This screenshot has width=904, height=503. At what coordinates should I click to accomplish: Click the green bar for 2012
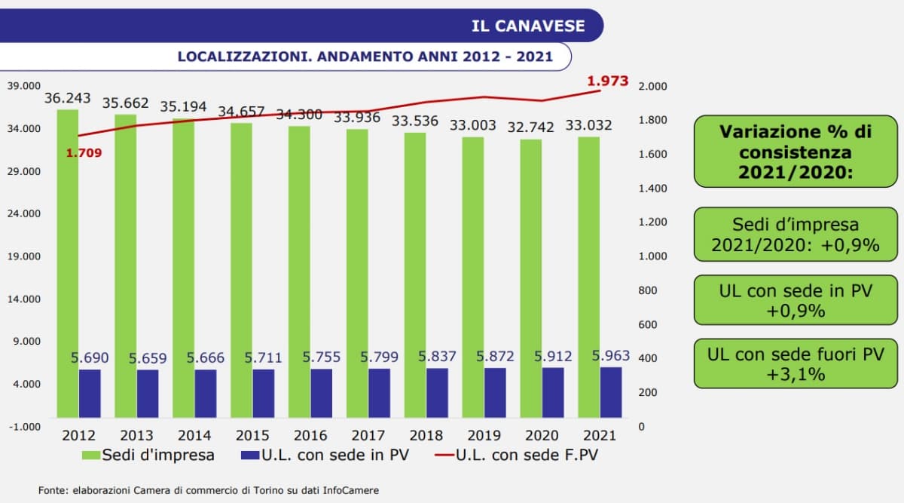[68, 264]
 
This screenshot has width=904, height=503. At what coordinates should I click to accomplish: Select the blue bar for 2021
[611, 392]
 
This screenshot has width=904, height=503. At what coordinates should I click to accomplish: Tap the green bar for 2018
[415, 275]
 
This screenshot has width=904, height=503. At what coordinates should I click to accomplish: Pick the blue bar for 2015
[264, 393]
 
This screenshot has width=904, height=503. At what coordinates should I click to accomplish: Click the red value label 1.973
[607, 81]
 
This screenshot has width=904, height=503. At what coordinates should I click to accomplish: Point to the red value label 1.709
[83, 153]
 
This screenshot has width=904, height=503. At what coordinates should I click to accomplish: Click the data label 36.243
[67, 98]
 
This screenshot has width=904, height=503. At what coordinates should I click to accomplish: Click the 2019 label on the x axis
[484, 435]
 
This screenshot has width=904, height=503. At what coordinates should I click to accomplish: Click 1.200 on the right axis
[652, 222]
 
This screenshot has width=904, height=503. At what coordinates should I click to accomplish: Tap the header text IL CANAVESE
[527, 26]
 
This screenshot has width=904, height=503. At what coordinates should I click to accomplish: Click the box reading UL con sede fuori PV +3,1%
[795, 363]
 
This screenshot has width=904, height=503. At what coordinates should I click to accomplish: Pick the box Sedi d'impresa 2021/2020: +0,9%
[795, 235]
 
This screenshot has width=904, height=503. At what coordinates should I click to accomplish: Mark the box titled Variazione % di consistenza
[795, 152]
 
